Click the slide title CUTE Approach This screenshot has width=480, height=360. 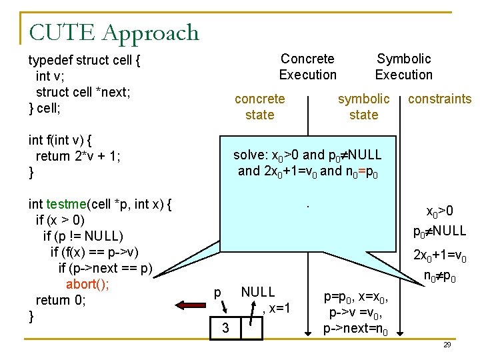(114, 32)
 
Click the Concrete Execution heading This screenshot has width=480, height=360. (307, 67)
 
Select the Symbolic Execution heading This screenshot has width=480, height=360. (403, 67)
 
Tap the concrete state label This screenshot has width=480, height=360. (259, 107)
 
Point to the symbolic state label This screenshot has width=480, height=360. (363, 107)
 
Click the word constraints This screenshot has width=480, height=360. (439, 99)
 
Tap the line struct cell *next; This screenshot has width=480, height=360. (83, 92)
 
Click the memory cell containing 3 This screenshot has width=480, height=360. (226, 328)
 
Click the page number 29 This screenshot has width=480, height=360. (447, 345)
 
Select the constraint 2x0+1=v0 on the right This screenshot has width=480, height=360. (439, 255)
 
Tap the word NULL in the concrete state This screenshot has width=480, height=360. (257, 291)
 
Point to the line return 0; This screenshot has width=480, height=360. (61, 300)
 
